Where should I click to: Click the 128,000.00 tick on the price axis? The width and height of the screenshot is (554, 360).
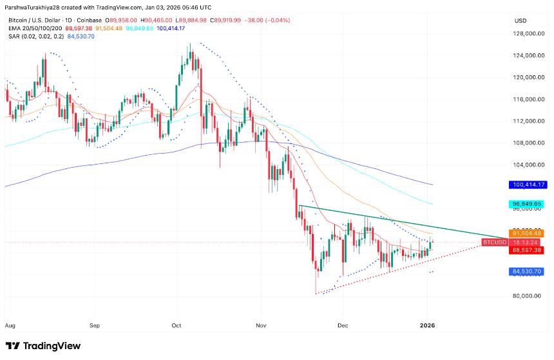tap(525, 34)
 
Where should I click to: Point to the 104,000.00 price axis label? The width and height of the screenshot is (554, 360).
tap(525, 165)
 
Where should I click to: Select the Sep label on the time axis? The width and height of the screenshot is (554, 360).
tap(95, 325)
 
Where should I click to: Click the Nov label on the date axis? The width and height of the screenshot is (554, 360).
tap(261, 325)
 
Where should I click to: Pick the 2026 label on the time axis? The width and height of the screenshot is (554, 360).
tap(428, 325)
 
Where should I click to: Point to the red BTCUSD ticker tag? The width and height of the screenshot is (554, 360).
tap(494, 242)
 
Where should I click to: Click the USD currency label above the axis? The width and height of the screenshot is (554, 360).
tap(521, 21)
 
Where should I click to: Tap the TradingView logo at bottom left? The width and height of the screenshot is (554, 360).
tap(44, 346)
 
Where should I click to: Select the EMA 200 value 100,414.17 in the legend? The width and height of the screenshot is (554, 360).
tap(167, 28)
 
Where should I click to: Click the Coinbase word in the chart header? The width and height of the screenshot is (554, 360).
tap(100, 20)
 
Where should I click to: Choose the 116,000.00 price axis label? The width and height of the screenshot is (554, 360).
tap(525, 100)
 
